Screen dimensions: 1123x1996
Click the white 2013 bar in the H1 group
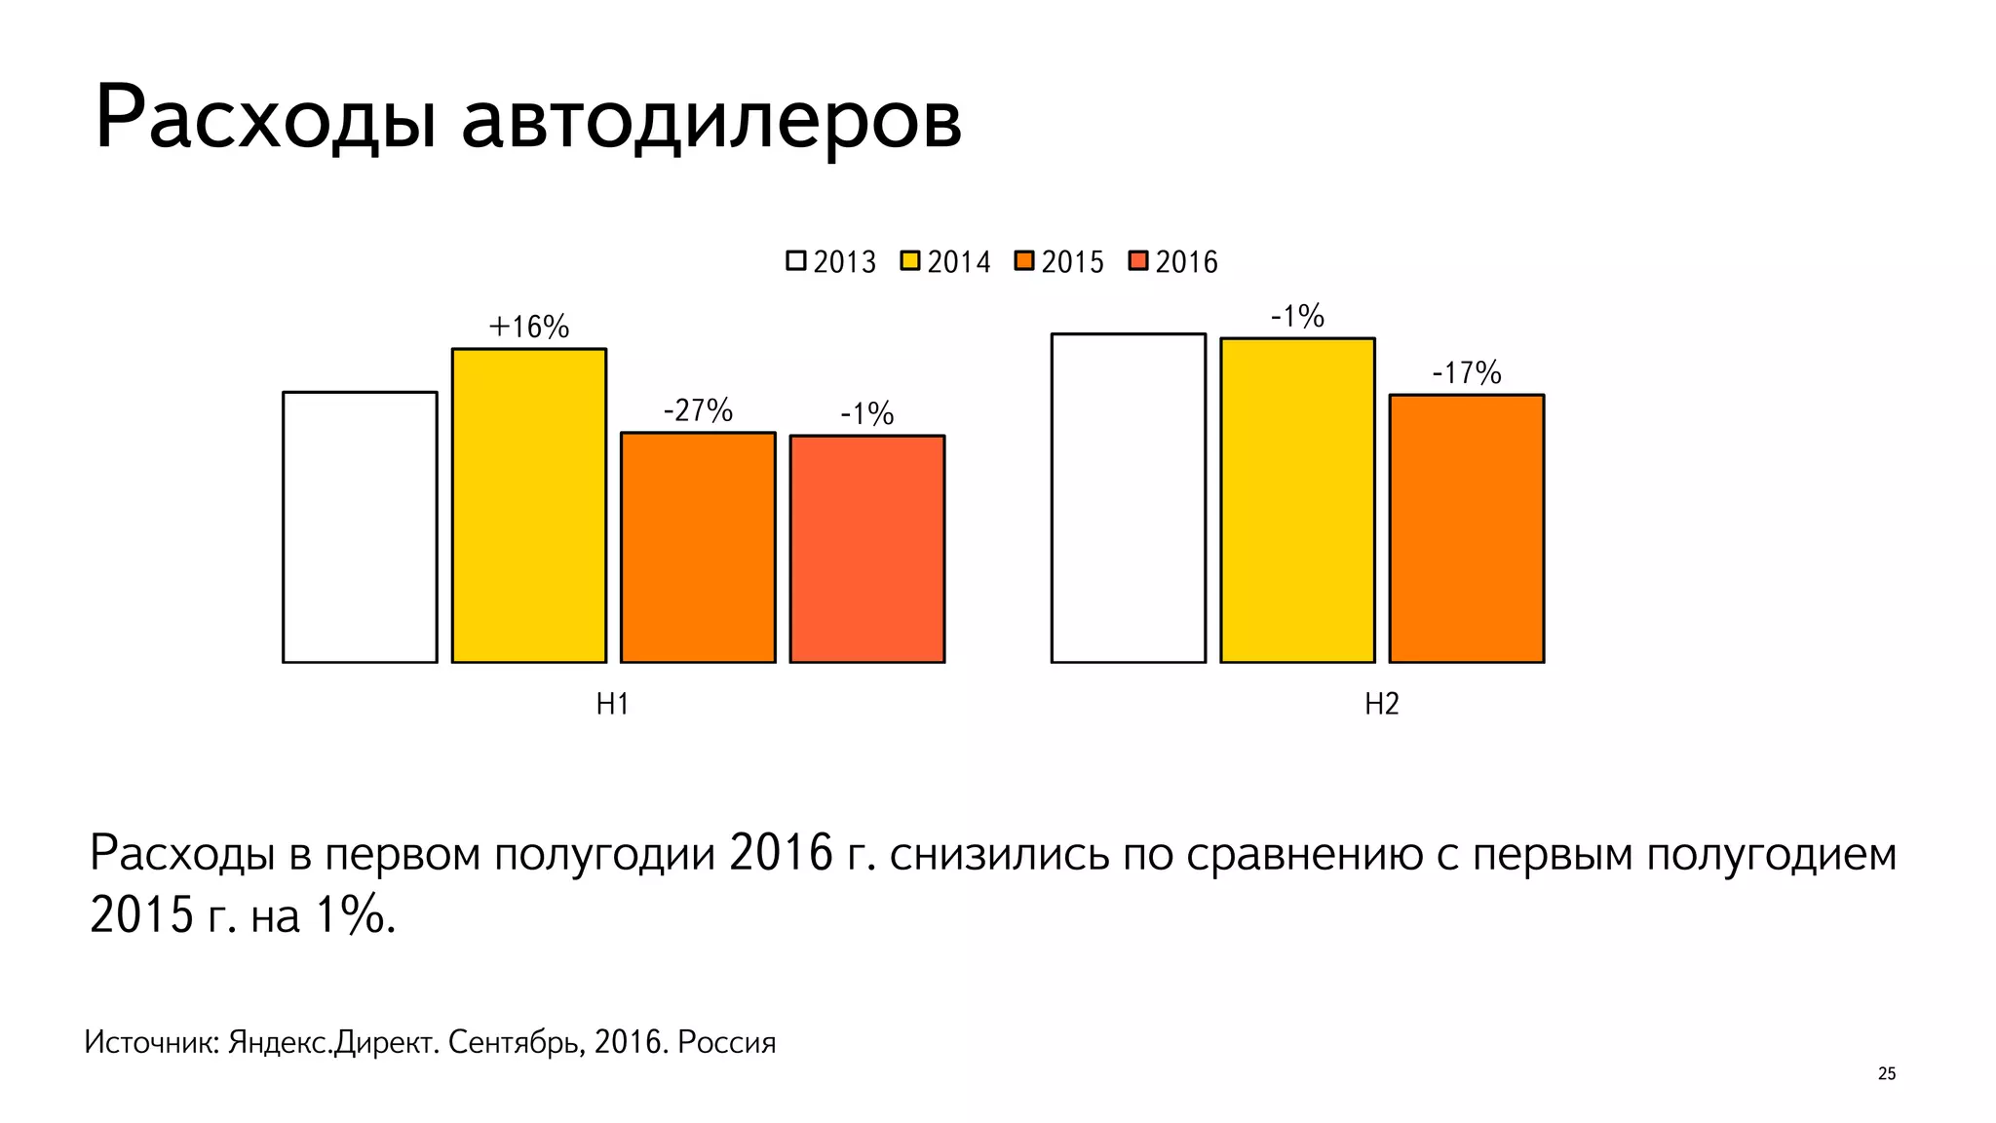[360, 526]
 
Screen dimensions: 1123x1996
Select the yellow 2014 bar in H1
[529, 505]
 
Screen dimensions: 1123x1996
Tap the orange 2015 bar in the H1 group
[698, 547]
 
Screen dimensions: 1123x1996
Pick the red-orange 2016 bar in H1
[867, 549]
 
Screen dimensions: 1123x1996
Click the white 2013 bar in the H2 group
[1129, 498]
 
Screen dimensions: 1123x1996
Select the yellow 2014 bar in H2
[1297, 500]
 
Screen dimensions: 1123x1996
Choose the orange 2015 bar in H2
[1467, 528]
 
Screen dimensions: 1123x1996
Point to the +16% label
[528, 327]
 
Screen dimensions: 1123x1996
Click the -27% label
[698, 410]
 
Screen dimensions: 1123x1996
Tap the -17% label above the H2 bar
[1467, 372]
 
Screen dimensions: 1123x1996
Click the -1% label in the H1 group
[867, 414]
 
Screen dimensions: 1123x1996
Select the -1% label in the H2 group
[1297, 316]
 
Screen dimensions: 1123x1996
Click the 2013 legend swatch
[796, 261]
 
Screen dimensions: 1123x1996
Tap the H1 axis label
[612, 704]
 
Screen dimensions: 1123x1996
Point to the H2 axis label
[1381, 704]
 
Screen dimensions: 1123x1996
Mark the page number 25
[1886, 1073]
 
